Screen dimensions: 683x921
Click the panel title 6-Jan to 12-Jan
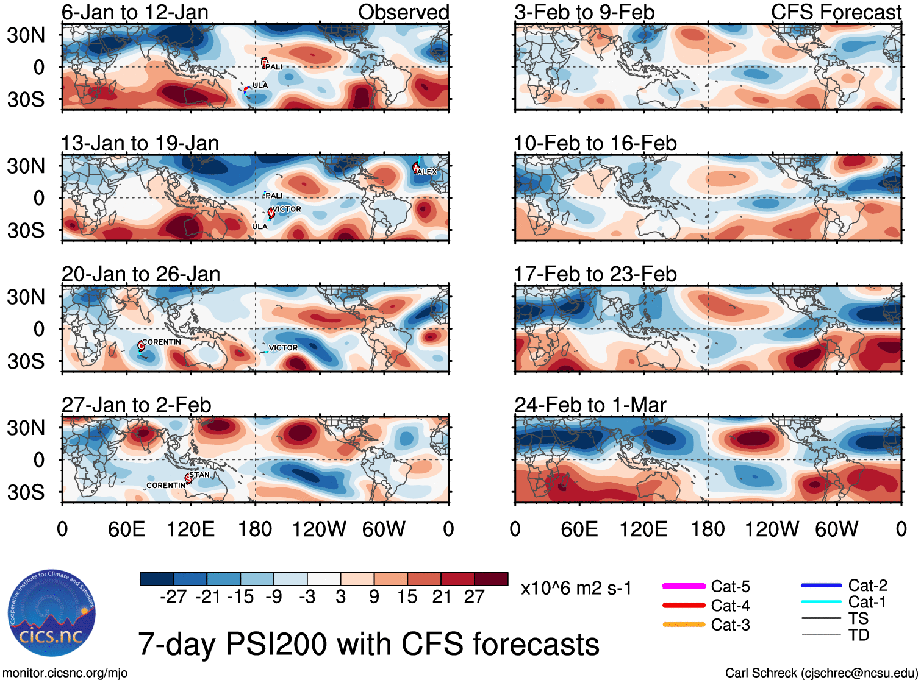(135, 12)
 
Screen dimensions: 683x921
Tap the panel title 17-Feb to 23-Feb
(595, 274)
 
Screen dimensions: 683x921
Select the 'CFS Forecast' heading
(836, 12)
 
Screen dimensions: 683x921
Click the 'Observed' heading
(403, 12)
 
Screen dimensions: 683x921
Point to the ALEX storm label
(427, 172)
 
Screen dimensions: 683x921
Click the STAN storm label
(199, 475)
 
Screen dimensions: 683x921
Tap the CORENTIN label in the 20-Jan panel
(161, 342)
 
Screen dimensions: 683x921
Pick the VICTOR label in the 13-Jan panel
(287, 209)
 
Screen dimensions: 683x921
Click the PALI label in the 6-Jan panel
(274, 66)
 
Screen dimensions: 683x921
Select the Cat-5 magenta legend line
(684, 586)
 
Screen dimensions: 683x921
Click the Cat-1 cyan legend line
(821, 602)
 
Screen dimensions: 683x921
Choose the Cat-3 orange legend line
(684, 625)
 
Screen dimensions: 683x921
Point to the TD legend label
(859, 635)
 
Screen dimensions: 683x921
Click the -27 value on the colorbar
(174, 596)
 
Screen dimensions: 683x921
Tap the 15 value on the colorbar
(407, 596)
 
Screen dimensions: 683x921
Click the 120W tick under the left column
(319, 529)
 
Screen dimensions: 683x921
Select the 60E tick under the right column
(579, 529)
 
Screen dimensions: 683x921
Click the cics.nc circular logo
(52, 614)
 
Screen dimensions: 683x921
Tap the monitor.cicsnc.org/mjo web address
(65, 673)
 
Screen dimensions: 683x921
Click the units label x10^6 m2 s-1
(576, 589)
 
